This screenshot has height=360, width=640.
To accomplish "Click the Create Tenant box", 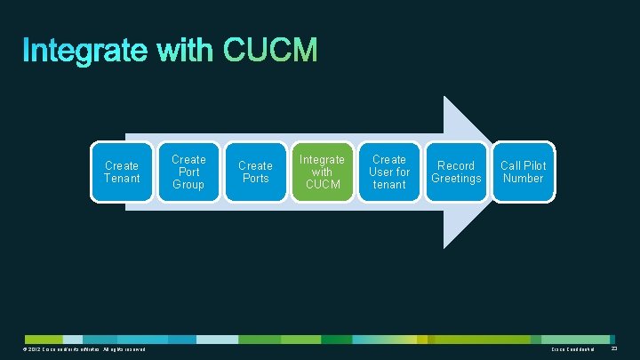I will (122, 172).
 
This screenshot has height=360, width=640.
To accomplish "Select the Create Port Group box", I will (188, 172).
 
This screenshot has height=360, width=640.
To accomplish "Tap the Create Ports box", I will (255, 172).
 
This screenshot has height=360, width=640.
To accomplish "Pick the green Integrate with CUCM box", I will (322, 172).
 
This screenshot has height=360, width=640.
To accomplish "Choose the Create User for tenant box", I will (389, 172).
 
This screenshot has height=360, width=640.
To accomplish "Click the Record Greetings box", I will (456, 172).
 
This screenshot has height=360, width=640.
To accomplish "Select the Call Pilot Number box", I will (523, 172).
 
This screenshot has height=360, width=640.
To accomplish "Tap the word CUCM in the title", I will (270, 51).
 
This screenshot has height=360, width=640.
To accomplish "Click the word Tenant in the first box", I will (122, 179).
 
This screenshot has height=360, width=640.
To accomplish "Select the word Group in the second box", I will (188, 185).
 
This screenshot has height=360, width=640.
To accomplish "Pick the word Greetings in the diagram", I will (456, 179).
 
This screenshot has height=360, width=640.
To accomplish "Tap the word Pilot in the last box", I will (536, 165).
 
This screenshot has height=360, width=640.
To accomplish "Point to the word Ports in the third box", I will (255, 179).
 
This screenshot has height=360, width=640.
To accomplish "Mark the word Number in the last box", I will (523, 179).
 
